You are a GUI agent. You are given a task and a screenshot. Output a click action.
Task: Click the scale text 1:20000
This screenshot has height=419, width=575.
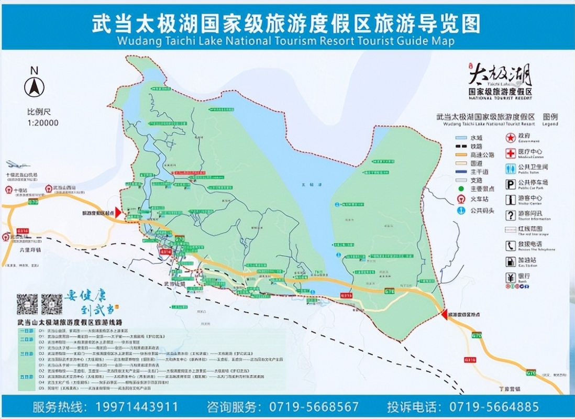coord(43,123)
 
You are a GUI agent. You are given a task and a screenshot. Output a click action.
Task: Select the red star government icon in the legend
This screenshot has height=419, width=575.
coord(511,138)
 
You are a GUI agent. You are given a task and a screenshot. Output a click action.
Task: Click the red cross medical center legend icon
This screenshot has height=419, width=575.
coord(511,153)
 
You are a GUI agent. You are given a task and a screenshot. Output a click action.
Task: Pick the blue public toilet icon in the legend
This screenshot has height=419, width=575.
coord(511,169)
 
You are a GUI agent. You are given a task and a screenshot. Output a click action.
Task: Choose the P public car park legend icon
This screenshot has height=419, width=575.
coord(511,184)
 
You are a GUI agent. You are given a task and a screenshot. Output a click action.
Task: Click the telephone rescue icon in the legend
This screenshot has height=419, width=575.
coord(511,246)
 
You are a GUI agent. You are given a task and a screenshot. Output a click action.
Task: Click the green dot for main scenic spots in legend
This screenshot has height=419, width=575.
coord(461,188)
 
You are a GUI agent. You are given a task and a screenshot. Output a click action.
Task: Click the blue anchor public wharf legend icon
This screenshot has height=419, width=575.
coord(461,211)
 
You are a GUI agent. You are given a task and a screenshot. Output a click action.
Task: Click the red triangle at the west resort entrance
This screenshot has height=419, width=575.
coord(118,212)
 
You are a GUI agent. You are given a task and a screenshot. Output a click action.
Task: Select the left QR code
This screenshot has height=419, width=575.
coord(27,304)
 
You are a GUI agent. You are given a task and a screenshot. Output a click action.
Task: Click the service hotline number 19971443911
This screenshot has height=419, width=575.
coord(137,406)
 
